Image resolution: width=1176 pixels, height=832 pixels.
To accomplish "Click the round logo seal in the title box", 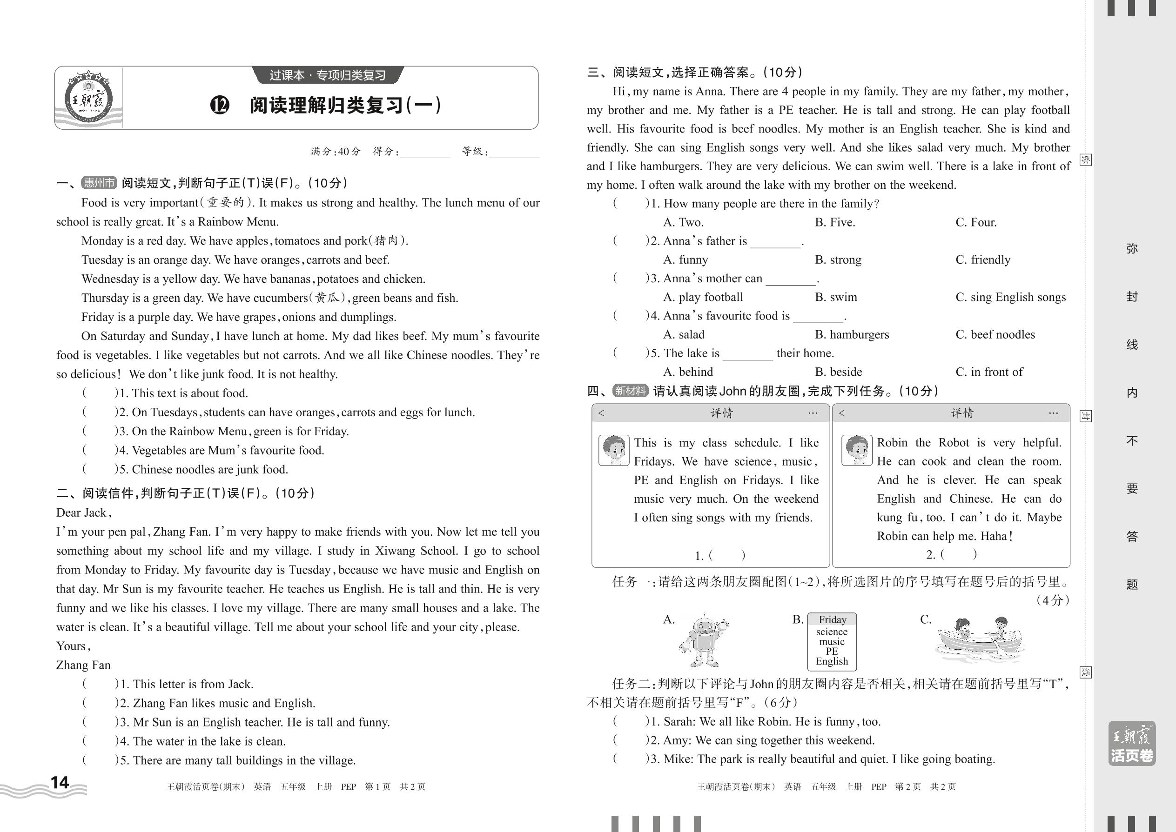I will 88,99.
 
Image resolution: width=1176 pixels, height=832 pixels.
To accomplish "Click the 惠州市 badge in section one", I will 99,183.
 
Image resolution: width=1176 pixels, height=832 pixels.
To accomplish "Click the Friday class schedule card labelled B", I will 832,641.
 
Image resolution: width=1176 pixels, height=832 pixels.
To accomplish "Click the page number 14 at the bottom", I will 60,782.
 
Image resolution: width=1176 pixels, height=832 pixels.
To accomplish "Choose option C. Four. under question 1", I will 975,222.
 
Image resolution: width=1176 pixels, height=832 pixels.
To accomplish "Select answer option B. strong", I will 838,260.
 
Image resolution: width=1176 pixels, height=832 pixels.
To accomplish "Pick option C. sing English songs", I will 1010,297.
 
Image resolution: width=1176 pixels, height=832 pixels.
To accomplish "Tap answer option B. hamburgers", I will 852,334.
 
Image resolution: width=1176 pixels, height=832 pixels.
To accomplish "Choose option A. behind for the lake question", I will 687,372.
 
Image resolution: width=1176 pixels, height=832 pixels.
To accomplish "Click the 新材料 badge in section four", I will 631,391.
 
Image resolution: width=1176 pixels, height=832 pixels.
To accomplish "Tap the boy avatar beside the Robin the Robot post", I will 857,450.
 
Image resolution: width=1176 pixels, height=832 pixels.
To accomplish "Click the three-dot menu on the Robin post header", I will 1053,413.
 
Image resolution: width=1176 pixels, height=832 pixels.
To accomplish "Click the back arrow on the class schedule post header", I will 601,413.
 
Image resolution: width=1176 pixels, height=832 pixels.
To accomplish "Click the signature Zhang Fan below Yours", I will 83,665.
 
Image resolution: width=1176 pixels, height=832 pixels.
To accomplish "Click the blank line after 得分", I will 424,152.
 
